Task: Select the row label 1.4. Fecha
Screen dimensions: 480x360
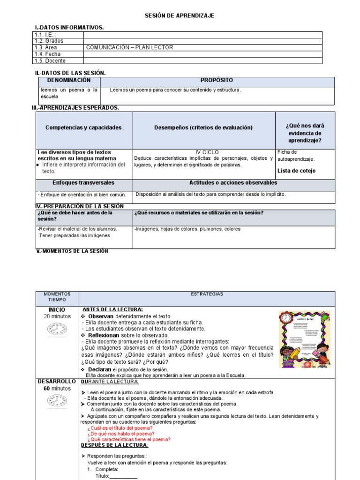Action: tap(47, 54)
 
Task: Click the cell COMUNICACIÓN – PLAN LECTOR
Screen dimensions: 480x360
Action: tap(130, 48)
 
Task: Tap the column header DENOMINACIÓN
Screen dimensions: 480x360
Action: tap(68, 81)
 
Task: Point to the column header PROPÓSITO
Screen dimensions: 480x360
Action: tap(217, 81)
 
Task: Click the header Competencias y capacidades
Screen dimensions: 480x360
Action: tap(83, 127)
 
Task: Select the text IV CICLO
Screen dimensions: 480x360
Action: tap(207, 152)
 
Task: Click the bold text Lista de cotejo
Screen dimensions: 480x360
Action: tap(296, 171)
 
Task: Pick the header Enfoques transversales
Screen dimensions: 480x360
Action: tap(83, 183)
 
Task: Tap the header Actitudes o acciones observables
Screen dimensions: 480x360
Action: tap(233, 183)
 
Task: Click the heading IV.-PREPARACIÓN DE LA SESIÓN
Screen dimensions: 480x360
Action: tap(80, 206)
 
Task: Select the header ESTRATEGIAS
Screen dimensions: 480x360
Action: tap(207, 294)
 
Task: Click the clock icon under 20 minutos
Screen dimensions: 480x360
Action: tap(57, 330)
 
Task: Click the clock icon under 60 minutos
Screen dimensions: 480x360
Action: tap(57, 401)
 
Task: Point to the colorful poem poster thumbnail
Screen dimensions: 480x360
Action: tap(305, 339)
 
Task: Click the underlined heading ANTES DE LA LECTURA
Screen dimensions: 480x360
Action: tap(112, 309)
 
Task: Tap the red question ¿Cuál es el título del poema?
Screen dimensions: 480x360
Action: tap(120, 428)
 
